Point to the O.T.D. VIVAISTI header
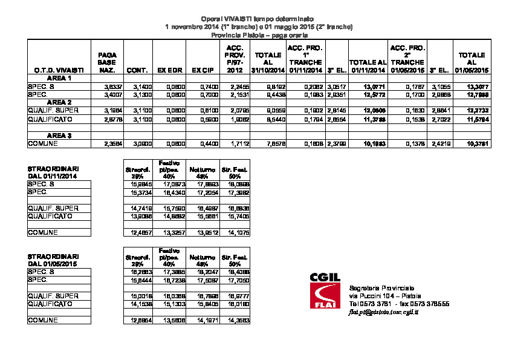(51, 71)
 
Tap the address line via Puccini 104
(382, 295)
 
